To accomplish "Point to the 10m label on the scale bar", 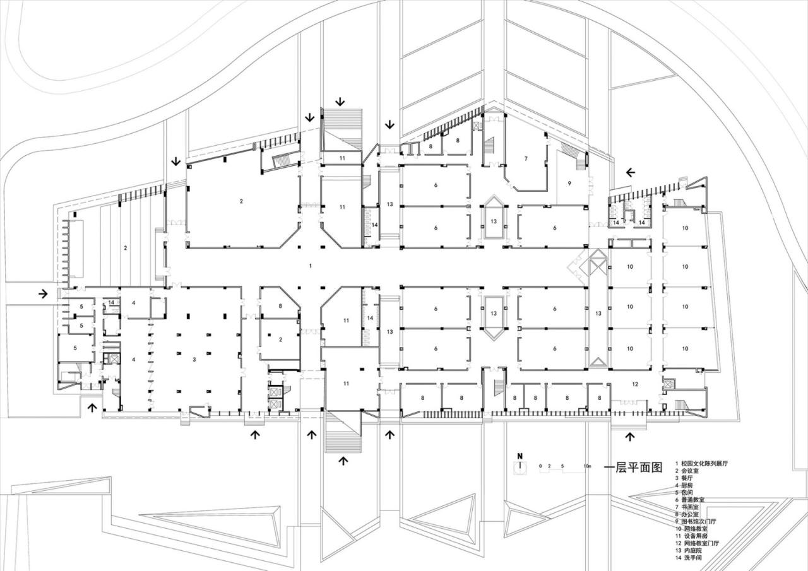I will point(587,466).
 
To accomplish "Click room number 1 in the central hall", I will point(310,266).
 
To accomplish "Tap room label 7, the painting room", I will point(525,158).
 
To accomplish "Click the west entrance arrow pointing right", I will point(43,293).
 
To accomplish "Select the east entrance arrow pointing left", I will point(631,172).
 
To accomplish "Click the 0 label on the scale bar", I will point(540,466).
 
